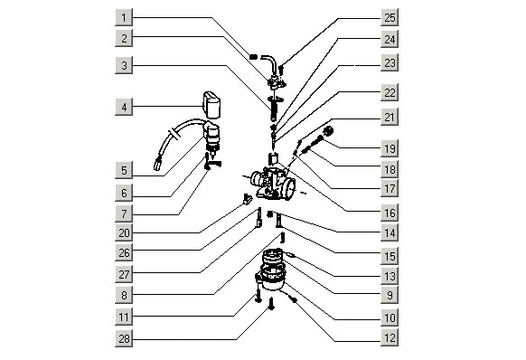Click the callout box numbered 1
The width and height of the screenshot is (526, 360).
pos(124,17)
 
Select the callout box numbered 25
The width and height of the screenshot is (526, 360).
pos(390,17)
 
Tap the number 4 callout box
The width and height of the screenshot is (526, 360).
pos(124,107)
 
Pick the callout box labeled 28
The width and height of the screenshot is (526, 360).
pos(124,338)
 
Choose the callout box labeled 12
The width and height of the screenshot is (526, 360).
pos(390,337)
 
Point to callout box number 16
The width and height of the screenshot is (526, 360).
pos(390,213)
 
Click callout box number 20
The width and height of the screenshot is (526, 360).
pos(124,232)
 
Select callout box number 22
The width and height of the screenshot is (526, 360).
pos(390,92)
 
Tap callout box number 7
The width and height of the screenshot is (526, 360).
pos(124,213)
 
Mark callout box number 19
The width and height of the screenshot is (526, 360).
pos(390,148)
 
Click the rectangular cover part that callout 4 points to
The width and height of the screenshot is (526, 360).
pos(211,104)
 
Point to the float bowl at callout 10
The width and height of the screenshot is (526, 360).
pos(271,278)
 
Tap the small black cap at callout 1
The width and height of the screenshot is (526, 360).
pos(253,56)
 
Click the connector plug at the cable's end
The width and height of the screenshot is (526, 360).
pos(157,165)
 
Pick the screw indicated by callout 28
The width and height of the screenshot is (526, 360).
pos(271,303)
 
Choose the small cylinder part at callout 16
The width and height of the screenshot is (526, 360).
pos(274,158)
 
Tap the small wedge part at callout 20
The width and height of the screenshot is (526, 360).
pos(247,200)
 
